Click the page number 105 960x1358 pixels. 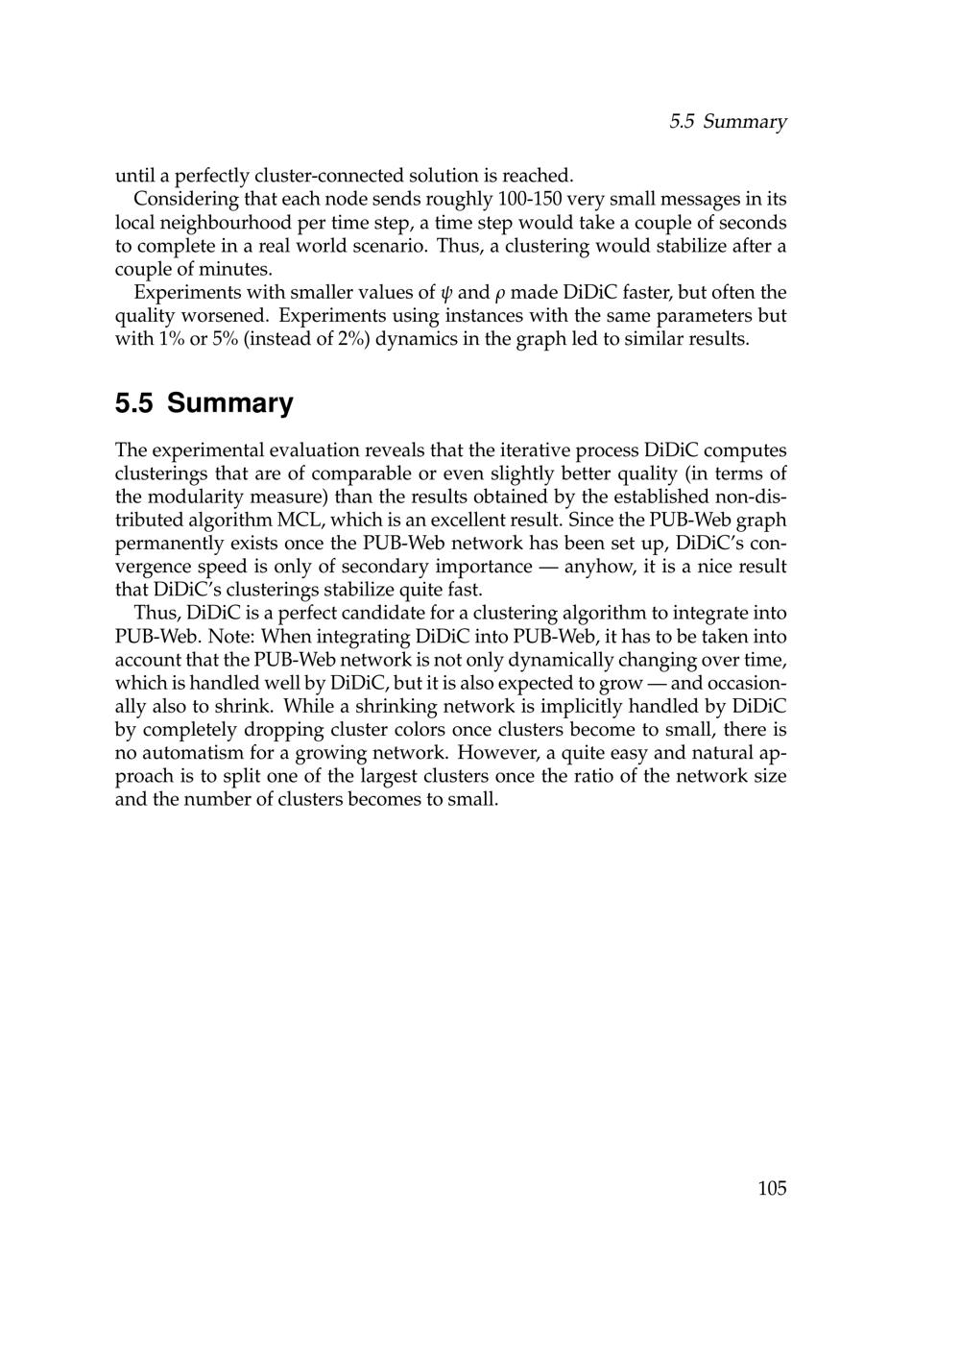pos(772,1189)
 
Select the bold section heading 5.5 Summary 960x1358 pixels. pos(204,402)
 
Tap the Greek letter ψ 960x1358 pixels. pos(444,293)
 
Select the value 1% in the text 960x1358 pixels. pos(168,339)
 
